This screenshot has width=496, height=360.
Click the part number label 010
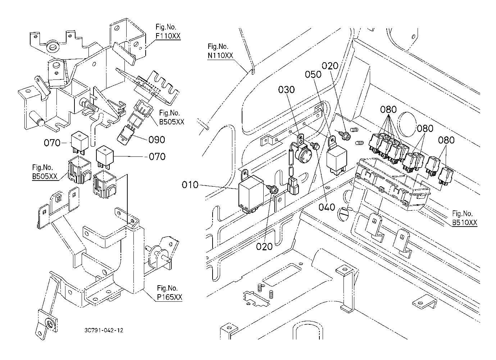[190, 185]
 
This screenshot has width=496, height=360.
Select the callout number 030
[286, 90]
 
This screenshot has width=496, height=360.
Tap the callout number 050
[313, 74]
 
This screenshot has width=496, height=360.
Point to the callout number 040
[327, 207]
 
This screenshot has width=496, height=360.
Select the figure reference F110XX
[168, 36]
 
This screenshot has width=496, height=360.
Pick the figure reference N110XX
[220, 56]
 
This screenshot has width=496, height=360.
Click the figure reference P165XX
[169, 297]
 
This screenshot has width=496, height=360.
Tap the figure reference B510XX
[465, 223]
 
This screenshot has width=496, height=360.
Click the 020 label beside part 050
[330, 66]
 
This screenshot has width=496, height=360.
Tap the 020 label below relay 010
[264, 246]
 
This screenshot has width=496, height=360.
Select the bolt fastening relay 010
[273, 189]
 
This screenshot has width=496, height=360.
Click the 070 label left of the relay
[52, 143]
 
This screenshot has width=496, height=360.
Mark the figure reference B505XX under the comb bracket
[172, 122]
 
